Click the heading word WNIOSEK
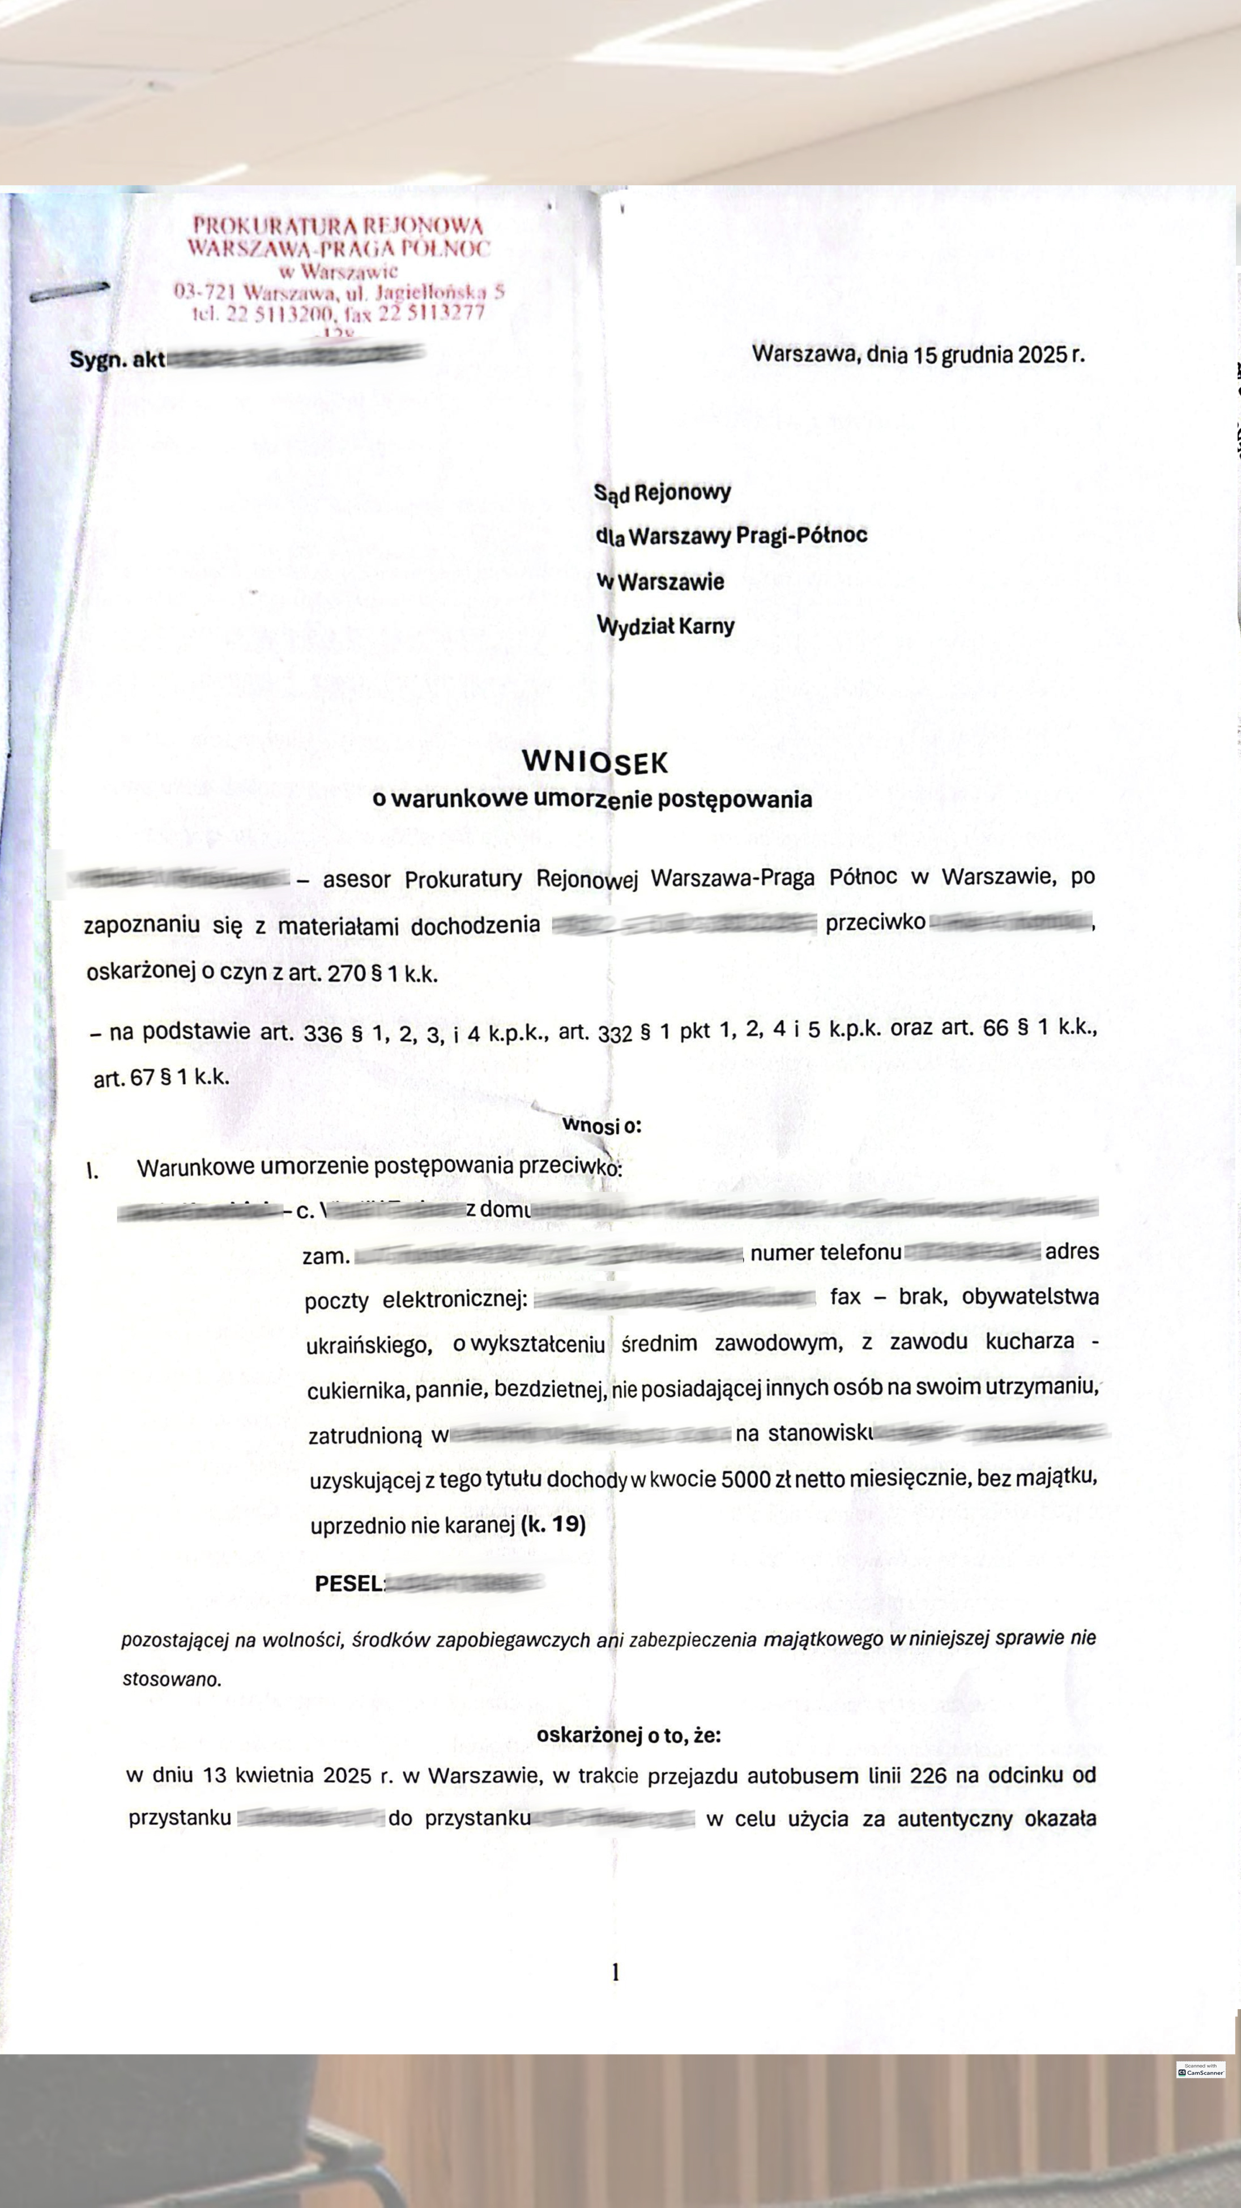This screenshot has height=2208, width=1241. pos(595,761)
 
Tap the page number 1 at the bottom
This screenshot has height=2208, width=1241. pos(615,1972)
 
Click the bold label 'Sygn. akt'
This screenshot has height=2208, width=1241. pos(117,359)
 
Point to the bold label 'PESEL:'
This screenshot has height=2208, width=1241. pos(349,1583)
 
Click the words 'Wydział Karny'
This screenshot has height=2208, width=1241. pos(666,626)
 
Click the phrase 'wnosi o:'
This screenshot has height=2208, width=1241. pos(602,1124)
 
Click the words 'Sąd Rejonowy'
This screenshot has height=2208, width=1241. pos(663,492)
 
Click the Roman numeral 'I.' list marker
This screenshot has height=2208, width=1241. pos(92,1171)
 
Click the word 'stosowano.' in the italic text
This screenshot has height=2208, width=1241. pos(172,1679)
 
